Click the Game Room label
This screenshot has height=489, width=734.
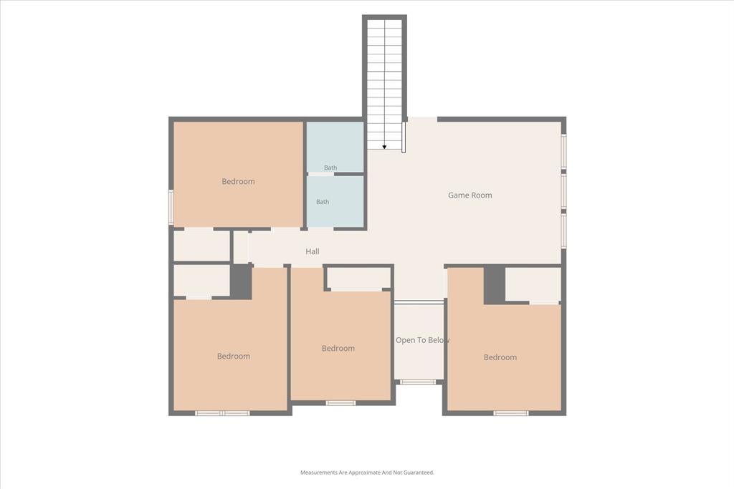[x=470, y=195]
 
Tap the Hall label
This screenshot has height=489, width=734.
[x=313, y=251]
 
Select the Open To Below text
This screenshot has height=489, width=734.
[x=423, y=340]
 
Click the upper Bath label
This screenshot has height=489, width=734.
[x=330, y=168]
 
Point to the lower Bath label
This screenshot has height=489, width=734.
[x=323, y=202]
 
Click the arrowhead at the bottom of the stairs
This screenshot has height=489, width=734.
[x=384, y=147]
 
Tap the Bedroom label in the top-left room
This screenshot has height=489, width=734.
[x=238, y=181]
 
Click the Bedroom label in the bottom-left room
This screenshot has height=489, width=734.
[x=234, y=357]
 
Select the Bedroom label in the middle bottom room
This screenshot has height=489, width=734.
[x=338, y=348]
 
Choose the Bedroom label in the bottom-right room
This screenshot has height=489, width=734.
[x=500, y=357]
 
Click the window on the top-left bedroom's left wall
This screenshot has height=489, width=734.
[x=171, y=207]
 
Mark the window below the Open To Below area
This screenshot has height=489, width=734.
[x=418, y=382]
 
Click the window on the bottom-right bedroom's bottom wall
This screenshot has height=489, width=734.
[x=511, y=413]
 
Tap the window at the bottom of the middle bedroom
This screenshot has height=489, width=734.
[x=340, y=402]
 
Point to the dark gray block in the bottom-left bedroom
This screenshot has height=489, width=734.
[x=241, y=281]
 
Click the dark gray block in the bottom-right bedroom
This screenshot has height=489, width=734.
[x=495, y=285]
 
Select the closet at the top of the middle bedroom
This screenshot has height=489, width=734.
[x=358, y=279]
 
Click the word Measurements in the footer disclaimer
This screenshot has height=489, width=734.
[x=319, y=473]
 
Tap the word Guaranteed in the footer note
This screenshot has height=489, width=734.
[x=419, y=473]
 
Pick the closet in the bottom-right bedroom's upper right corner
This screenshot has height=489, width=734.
[x=533, y=285]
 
